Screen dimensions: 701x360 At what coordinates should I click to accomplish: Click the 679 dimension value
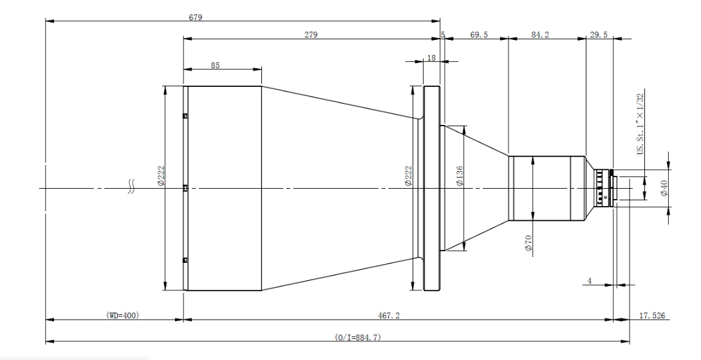(196, 17)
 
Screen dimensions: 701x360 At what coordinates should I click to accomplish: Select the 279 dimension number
(311, 34)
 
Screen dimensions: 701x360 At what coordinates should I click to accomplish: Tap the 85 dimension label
(215, 65)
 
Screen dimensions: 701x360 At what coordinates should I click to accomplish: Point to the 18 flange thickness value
(431, 58)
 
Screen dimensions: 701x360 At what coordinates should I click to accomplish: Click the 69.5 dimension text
(479, 34)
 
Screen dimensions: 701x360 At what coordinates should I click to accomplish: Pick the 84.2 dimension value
(540, 34)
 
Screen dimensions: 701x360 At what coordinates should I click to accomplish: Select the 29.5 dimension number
(599, 34)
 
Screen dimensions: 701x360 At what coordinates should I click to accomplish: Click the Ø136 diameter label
(460, 176)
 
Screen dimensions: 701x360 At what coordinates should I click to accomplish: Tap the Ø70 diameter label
(528, 242)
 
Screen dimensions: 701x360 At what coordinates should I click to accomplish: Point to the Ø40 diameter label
(664, 188)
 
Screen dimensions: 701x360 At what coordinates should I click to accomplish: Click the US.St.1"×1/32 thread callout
(640, 124)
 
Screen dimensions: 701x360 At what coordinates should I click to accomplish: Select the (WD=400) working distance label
(122, 316)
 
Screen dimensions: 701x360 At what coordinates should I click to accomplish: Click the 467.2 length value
(389, 316)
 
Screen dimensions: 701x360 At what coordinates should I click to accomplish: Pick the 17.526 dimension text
(652, 316)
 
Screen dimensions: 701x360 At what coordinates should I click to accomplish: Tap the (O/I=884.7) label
(358, 337)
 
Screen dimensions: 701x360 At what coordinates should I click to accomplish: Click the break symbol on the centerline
(131, 187)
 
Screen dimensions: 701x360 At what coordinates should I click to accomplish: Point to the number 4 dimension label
(590, 281)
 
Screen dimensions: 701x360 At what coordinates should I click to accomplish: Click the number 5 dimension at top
(443, 34)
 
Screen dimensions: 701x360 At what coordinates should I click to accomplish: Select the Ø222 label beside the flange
(407, 176)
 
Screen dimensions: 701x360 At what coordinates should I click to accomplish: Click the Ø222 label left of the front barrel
(161, 176)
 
